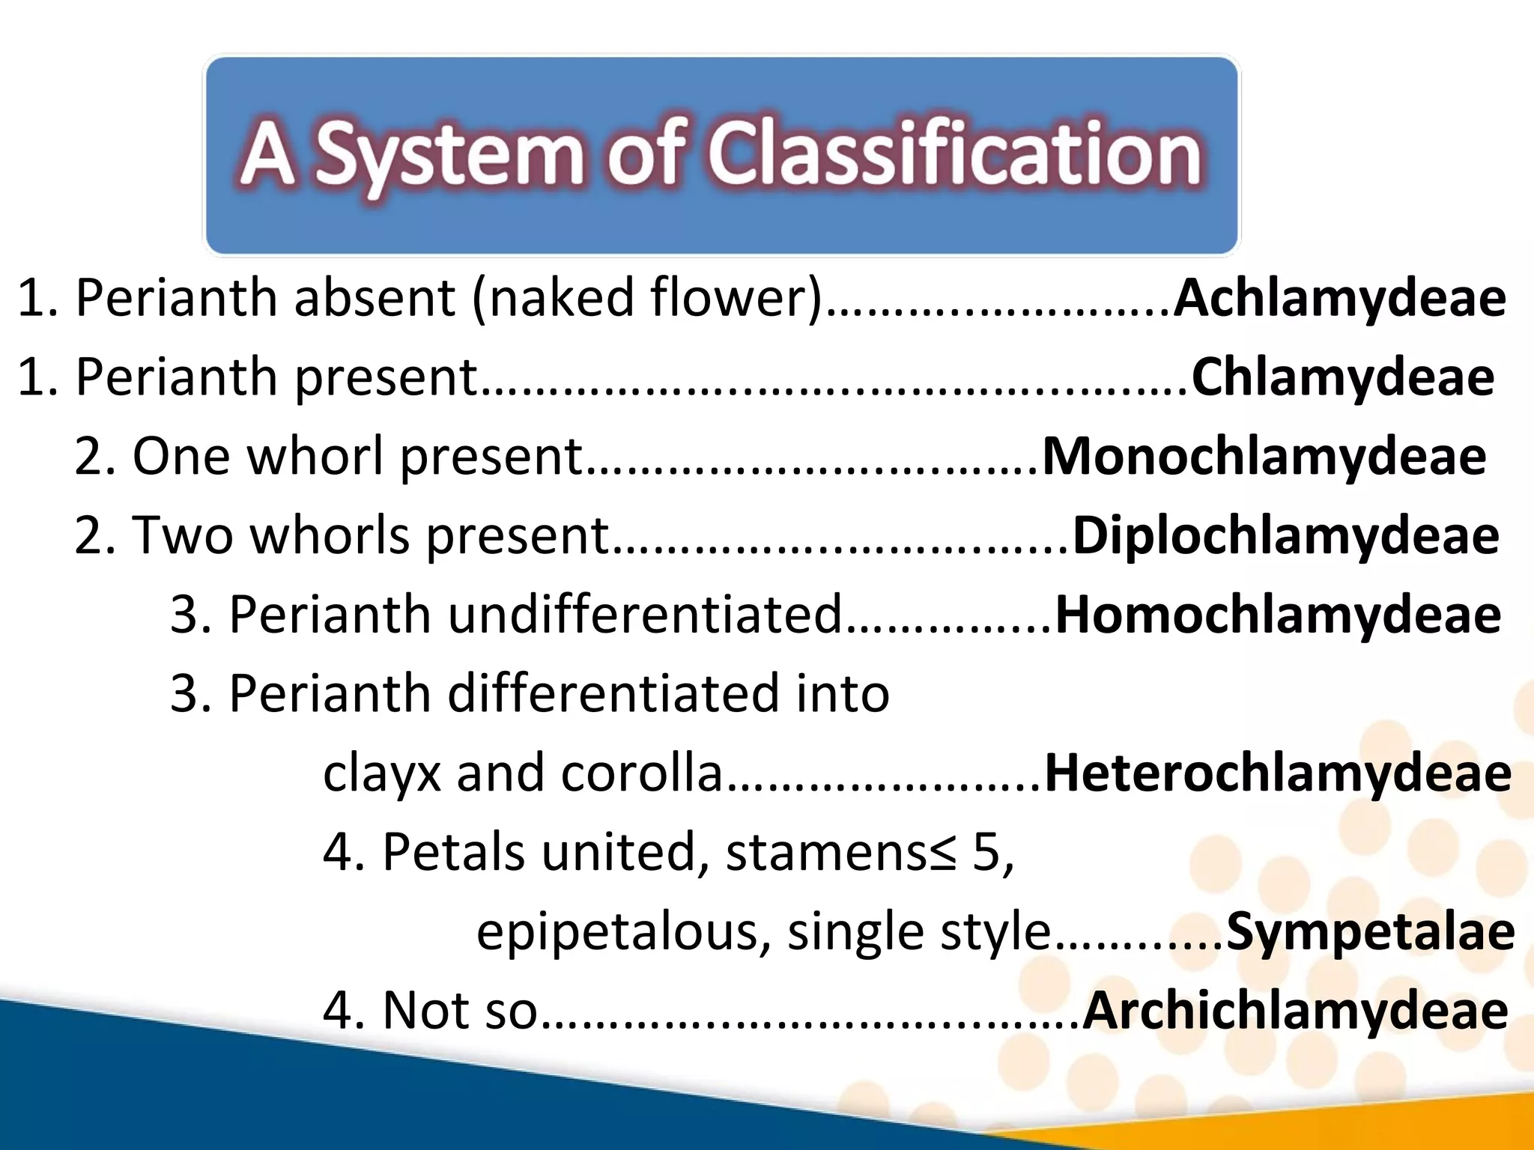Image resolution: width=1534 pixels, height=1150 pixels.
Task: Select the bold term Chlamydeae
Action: [x=1342, y=377]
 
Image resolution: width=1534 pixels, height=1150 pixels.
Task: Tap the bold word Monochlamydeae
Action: [x=1264, y=457]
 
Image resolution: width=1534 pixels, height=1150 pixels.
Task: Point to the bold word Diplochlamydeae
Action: [x=1285, y=536]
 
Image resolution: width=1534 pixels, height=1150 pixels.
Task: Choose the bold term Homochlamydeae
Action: [x=1278, y=615]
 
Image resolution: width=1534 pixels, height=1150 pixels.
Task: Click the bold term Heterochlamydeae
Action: [x=1278, y=773]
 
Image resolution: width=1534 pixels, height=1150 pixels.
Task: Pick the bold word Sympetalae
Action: [x=1370, y=932]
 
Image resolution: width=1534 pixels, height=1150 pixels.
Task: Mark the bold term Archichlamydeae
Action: [x=1295, y=1011]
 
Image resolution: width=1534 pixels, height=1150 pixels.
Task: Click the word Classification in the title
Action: [x=955, y=154]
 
